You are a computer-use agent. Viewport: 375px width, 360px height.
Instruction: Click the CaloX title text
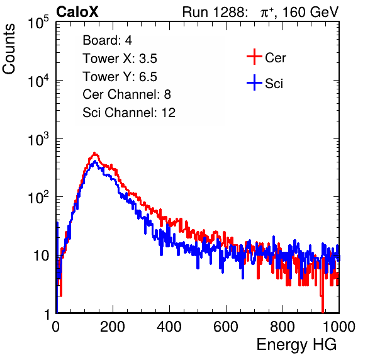click(x=77, y=12)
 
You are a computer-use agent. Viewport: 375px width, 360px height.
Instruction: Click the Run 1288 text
click(x=215, y=12)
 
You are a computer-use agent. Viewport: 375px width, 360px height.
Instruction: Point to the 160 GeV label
click(x=310, y=12)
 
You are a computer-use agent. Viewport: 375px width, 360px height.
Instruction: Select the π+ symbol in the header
click(x=267, y=13)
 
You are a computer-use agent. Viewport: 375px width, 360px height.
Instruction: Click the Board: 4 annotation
click(x=108, y=40)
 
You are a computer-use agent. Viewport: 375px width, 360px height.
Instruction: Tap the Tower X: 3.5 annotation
click(x=120, y=59)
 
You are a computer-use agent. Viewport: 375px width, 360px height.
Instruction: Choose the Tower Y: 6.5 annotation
click(x=120, y=77)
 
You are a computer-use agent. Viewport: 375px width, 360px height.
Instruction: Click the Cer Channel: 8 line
click(x=126, y=94)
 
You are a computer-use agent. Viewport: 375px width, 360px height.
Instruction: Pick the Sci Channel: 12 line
click(x=129, y=113)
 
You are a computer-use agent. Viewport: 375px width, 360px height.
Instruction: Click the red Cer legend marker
click(x=254, y=57)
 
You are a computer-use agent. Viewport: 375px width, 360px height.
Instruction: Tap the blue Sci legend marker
click(x=254, y=83)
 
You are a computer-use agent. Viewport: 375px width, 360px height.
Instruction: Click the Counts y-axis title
click(x=9, y=49)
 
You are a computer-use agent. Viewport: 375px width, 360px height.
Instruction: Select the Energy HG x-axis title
click(x=297, y=344)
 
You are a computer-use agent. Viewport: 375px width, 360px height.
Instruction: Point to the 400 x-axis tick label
click(x=169, y=327)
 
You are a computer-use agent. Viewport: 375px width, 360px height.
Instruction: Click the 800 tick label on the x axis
click(x=283, y=327)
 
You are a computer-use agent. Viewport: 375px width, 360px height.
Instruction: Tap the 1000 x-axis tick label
click(x=339, y=327)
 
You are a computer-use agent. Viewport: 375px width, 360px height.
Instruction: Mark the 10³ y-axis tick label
click(x=38, y=140)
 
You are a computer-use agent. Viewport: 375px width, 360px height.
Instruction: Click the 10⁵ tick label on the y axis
click(x=38, y=23)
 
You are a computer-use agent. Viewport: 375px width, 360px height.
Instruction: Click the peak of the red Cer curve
click(x=94, y=153)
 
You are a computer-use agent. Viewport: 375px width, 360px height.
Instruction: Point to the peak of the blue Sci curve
click(x=95, y=162)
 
